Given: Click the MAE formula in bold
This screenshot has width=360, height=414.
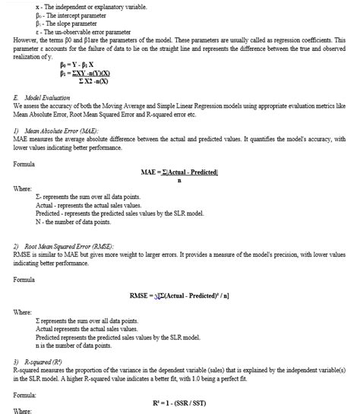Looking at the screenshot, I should (179, 172).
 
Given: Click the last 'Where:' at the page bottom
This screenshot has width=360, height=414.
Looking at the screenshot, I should (24, 411).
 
